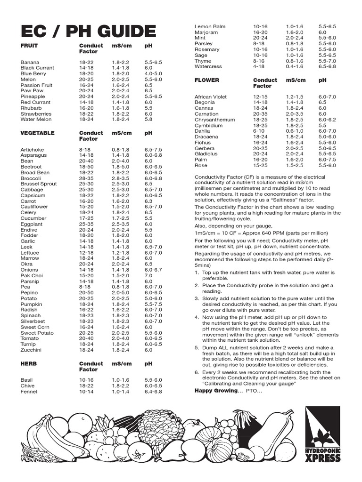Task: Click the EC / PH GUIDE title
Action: point(88,32)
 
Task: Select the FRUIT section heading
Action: point(29,46)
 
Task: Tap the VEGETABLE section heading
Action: point(38,133)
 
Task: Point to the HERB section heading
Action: point(28,364)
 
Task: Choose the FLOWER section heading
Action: point(207,80)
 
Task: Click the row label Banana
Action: point(30,62)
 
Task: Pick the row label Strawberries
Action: point(36,114)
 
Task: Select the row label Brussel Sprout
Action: point(39,184)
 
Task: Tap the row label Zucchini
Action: point(31,350)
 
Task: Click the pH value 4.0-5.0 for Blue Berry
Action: point(153,74)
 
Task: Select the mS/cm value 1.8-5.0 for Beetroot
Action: point(121,167)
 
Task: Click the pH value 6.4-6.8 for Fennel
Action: point(153,391)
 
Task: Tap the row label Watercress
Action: point(208,67)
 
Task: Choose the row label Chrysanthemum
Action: point(215,120)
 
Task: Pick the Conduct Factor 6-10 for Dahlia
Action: point(259,131)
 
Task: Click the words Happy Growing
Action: point(216,391)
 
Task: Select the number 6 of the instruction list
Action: point(197,372)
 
